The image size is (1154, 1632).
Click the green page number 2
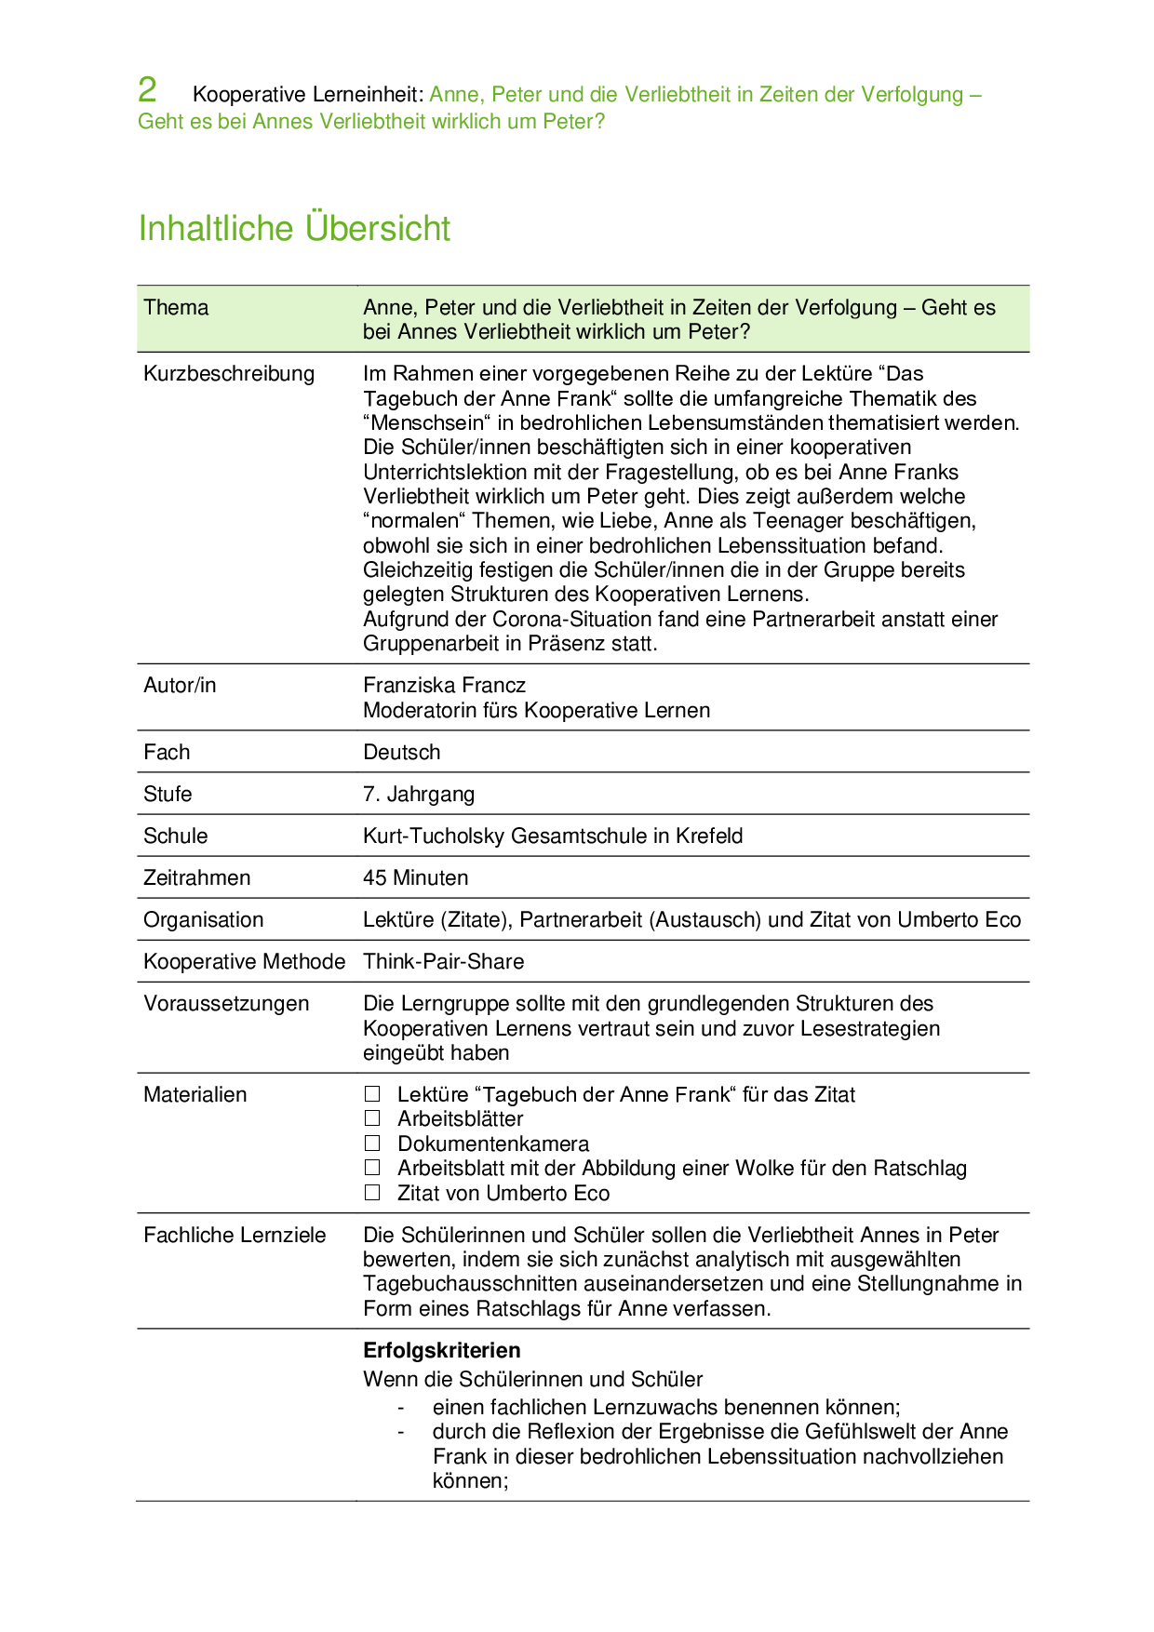[x=147, y=90]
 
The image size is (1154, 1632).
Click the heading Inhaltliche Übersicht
[x=294, y=228]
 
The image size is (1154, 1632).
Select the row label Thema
[x=176, y=308]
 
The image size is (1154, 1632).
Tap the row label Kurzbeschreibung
[x=229, y=374]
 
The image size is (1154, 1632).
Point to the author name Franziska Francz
[x=444, y=686]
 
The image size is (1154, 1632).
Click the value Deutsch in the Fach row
[x=401, y=753]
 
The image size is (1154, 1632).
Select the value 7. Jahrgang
[x=418, y=795]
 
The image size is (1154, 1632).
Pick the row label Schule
[x=175, y=836]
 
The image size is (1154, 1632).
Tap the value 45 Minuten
[x=415, y=878]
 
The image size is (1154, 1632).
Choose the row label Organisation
[x=203, y=920]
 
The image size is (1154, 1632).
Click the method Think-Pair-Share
[x=443, y=962]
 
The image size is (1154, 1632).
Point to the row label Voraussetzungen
[x=226, y=1004]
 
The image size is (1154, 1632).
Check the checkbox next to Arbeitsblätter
[x=372, y=1118]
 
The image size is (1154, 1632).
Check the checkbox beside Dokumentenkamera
[x=372, y=1144]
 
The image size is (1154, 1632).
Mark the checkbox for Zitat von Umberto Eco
[x=372, y=1193]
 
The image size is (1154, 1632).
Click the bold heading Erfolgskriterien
[x=441, y=1351]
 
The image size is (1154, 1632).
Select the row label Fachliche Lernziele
[x=235, y=1236]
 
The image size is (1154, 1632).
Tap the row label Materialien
[x=195, y=1095]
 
